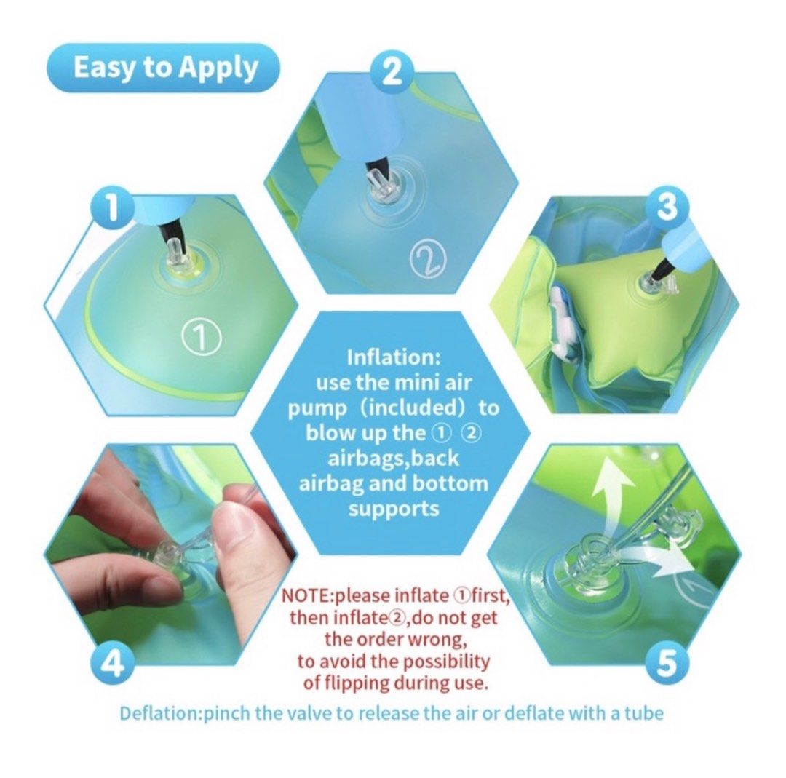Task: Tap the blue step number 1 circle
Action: pos(112,209)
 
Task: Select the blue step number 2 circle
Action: pos(392,71)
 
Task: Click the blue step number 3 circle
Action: pos(667,209)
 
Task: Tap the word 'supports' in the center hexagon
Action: pos(394,507)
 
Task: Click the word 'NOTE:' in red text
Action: pos(306,595)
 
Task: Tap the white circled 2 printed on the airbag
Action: pos(426,258)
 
